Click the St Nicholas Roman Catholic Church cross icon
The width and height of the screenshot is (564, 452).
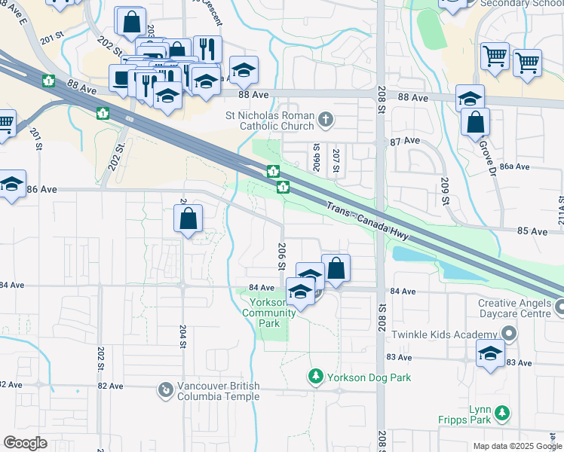pos(326,118)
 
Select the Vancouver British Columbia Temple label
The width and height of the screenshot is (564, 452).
pos(218,390)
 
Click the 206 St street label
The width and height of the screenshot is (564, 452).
pos(280,258)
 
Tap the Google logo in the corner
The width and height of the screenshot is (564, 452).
pos(25,442)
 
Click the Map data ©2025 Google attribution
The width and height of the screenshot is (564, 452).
pos(516,446)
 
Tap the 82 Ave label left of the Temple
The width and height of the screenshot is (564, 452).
pos(110,386)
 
